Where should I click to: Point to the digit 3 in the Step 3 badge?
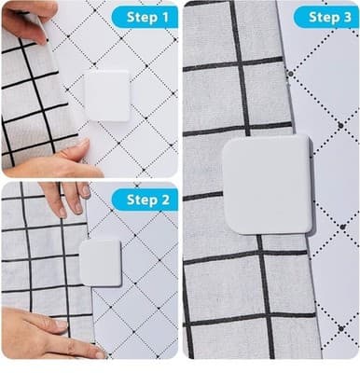click(346, 17)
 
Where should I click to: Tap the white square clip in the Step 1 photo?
click(107, 95)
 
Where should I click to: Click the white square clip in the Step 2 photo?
click(100, 262)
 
